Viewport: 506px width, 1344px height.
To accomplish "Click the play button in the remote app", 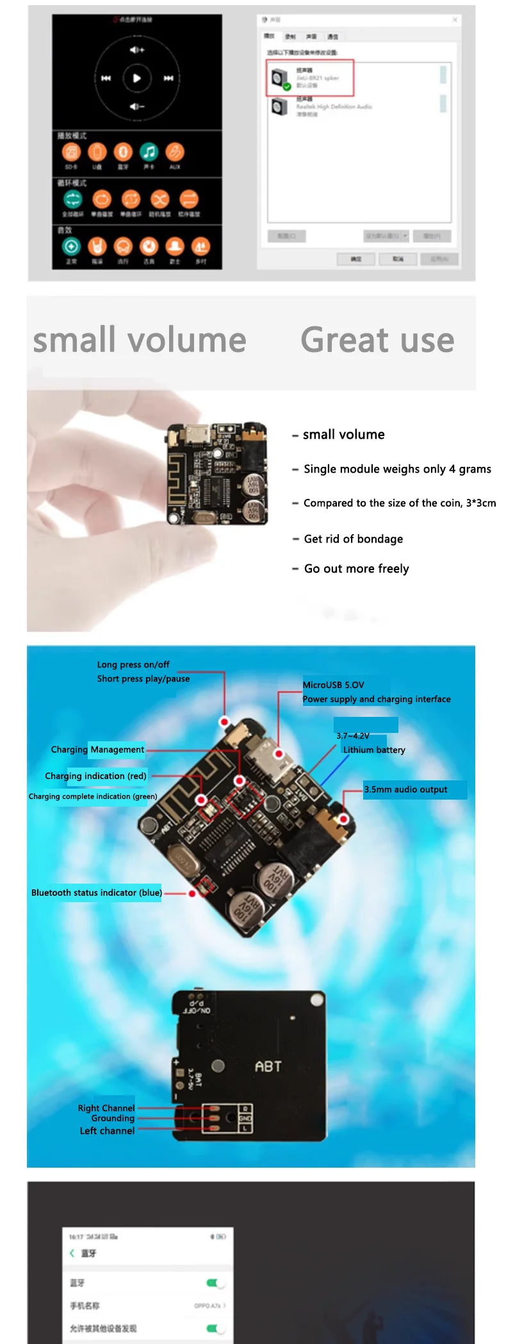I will [136, 78].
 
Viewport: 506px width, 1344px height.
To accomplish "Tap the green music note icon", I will [149, 152].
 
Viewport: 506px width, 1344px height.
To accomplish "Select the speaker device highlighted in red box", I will [309, 78].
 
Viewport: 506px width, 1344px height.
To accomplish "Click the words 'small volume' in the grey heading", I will [140, 340].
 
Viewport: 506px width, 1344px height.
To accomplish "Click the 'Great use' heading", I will [377, 340].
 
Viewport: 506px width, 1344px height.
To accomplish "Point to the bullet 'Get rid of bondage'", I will [353, 539].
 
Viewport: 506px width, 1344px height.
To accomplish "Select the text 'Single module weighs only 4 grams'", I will [397, 469].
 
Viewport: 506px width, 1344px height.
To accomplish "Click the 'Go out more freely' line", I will [356, 569].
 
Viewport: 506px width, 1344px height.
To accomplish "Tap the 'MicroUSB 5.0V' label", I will [333, 685].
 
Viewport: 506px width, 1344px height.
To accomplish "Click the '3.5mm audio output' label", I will [405, 789].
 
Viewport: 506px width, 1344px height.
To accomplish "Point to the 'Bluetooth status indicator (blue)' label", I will [97, 893].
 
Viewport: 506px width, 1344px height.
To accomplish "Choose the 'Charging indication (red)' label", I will [95, 776].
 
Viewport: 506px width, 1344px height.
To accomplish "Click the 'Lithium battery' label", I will [374, 750].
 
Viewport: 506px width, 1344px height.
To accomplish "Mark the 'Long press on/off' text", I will [133, 664].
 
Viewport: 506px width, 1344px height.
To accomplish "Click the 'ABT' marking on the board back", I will [268, 1066].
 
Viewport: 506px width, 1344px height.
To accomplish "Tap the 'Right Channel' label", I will [106, 1108].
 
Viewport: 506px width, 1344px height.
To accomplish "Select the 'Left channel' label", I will [107, 1130].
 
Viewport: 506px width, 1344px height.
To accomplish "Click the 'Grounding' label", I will [113, 1118].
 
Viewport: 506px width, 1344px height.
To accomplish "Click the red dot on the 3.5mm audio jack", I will [344, 819].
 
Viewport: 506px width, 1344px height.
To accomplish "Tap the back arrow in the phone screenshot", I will [72, 1253].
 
